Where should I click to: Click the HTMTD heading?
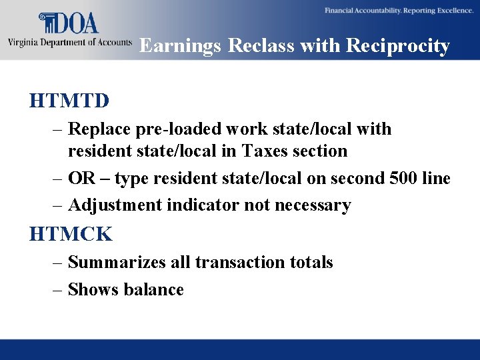(x=69, y=101)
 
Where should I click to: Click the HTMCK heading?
(x=71, y=234)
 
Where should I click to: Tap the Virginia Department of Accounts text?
(x=69, y=42)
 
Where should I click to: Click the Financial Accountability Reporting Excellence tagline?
(x=399, y=11)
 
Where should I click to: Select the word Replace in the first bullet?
(x=97, y=129)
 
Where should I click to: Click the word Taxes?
(x=261, y=151)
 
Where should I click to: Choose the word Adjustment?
(x=115, y=205)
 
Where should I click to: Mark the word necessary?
(x=313, y=205)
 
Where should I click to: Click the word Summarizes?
(x=117, y=263)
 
